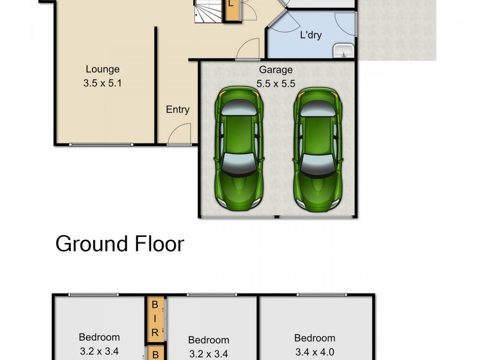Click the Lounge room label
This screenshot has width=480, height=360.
[102, 69]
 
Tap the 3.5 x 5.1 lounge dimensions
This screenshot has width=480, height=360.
[102, 84]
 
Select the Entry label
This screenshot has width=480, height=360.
[178, 109]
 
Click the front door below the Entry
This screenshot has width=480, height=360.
[178, 136]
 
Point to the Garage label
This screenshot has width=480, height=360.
[275, 70]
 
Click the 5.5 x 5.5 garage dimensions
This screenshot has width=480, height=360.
[275, 84]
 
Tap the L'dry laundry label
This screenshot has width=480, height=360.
[310, 35]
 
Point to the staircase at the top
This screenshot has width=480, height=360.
[208, 11]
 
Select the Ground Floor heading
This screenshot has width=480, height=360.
[119, 244]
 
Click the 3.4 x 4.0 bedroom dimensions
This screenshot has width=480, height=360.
[314, 352]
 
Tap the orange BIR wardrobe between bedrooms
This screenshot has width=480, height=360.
[155, 317]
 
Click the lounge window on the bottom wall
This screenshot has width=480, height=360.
[101, 144]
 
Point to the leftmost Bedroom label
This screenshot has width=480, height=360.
[99, 337]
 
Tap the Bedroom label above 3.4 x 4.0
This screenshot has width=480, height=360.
[314, 338]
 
